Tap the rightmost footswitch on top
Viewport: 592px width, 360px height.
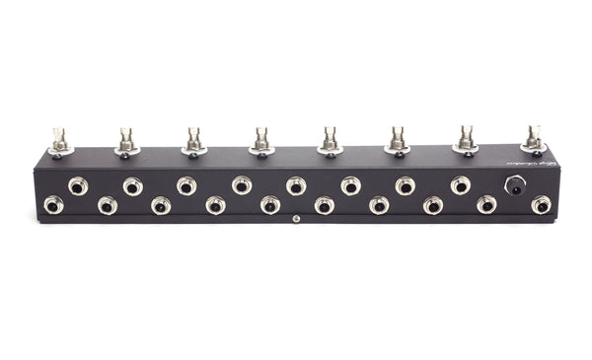(x=534, y=139)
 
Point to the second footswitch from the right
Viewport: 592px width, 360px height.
(x=466, y=139)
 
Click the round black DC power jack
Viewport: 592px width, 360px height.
(x=514, y=184)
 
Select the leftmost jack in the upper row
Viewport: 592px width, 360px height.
(x=77, y=185)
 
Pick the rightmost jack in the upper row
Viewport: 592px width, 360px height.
(x=460, y=184)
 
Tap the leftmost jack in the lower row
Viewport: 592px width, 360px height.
(x=52, y=205)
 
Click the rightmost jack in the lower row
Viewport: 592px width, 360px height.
(x=541, y=205)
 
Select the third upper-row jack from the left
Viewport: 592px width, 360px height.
(x=186, y=184)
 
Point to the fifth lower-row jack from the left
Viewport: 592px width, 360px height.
(x=269, y=205)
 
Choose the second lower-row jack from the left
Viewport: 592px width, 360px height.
(x=107, y=205)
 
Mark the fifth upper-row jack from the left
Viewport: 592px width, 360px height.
(x=296, y=184)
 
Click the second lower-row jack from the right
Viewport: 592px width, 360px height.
(x=486, y=205)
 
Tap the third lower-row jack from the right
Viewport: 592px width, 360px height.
(x=432, y=205)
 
